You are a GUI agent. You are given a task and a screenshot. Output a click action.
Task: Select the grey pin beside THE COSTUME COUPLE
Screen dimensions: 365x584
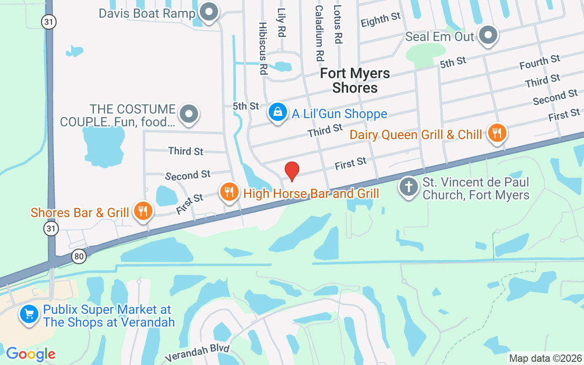(189, 113)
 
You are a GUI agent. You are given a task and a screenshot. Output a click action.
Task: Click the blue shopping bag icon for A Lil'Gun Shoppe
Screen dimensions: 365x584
(277, 111)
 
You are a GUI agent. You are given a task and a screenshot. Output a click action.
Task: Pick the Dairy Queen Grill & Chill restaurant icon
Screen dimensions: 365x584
(497, 133)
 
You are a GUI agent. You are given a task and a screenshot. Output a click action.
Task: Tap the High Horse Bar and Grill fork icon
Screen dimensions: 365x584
(229, 192)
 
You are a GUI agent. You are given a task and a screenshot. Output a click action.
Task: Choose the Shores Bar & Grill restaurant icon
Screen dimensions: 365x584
(143, 211)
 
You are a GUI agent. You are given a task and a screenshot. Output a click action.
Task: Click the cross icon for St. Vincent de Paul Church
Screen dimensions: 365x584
(409, 187)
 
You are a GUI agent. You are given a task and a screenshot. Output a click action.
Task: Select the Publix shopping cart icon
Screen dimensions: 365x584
(30, 314)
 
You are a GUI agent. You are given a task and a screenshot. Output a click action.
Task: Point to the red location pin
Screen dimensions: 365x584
(292, 171)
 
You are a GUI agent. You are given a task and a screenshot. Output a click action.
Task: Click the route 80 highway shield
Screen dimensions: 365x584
(79, 256)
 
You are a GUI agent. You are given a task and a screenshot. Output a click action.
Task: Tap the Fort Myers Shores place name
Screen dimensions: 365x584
(355, 80)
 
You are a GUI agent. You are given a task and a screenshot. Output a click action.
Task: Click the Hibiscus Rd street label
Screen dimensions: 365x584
(263, 48)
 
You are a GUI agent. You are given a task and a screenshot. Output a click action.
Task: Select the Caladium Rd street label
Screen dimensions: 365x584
(319, 33)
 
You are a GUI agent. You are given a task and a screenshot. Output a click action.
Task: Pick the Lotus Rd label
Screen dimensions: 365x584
(338, 25)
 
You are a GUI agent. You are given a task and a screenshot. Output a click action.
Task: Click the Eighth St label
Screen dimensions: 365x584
(381, 19)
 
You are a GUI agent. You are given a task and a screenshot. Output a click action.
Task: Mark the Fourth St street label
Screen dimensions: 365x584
(540, 62)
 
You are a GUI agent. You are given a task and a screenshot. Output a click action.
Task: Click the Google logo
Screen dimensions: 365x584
(31, 354)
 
